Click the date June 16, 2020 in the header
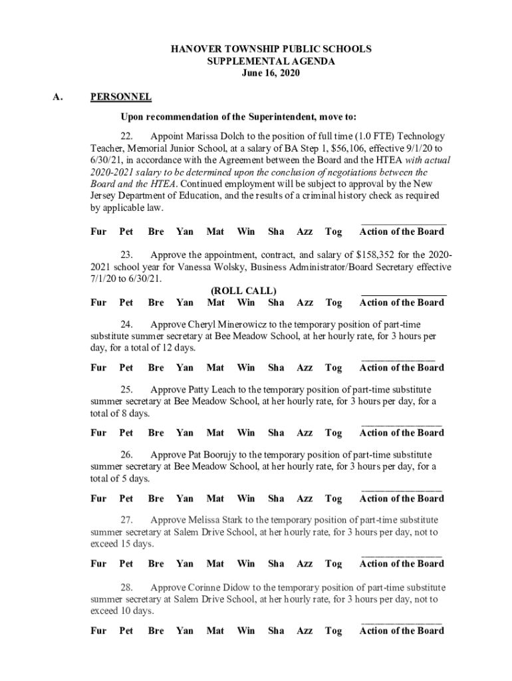[x=270, y=73]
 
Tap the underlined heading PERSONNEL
[x=120, y=97]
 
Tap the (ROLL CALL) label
[x=243, y=291]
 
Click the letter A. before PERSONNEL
[x=58, y=97]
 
